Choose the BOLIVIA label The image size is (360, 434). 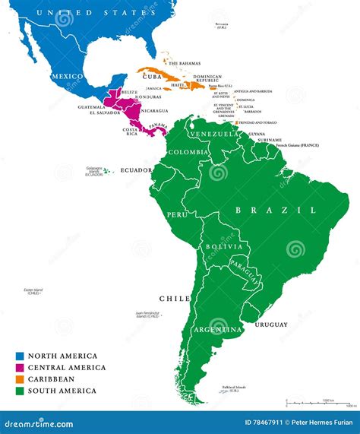[x=226, y=248]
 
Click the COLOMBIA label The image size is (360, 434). [x=186, y=151]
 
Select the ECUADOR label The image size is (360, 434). [x=137, y=170]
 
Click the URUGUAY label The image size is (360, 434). [x=271, y=325]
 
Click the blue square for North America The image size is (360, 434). [x=19, y=356]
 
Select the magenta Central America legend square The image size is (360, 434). [x=19, y=367]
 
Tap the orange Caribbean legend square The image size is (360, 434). [x=19, y=379]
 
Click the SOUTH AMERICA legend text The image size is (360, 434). [x=62, y=391]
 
